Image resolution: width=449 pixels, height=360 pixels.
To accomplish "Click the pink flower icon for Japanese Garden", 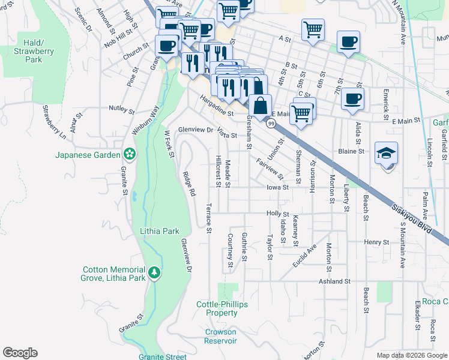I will click(x=129, y=154).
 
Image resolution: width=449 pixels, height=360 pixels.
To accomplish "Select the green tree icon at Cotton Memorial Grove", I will click(x=155, y=274).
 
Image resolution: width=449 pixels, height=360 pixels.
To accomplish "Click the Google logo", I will click(x=20, y=353).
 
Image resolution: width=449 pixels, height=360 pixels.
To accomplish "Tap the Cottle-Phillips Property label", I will click(x=221, y=308).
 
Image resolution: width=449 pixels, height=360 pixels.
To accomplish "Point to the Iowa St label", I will click(x=278, y=187).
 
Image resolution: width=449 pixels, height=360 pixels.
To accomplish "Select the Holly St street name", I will click(x=278, y=214).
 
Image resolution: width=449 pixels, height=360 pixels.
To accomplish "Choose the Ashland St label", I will click(x=334, y=281).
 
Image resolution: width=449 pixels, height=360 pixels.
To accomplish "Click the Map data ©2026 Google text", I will click(x=411, y=355).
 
